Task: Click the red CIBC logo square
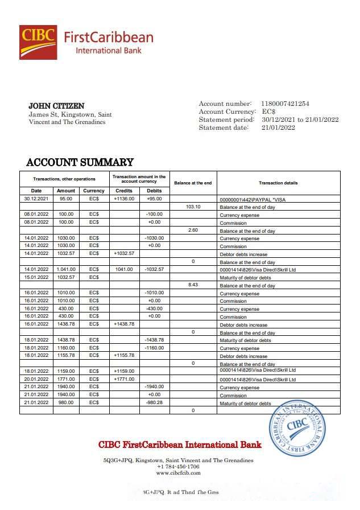38,42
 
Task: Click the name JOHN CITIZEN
56,106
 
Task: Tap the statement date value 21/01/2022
278,127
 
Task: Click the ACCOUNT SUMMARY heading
80,162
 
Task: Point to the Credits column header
123,191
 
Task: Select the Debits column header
154,191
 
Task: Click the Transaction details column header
278,183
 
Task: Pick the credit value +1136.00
123,199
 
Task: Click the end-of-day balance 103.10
193,207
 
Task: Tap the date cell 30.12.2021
36,199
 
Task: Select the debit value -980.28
154,402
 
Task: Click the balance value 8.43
193,285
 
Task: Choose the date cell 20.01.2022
36,379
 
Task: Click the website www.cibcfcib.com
178,473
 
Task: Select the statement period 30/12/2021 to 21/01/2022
300,120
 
